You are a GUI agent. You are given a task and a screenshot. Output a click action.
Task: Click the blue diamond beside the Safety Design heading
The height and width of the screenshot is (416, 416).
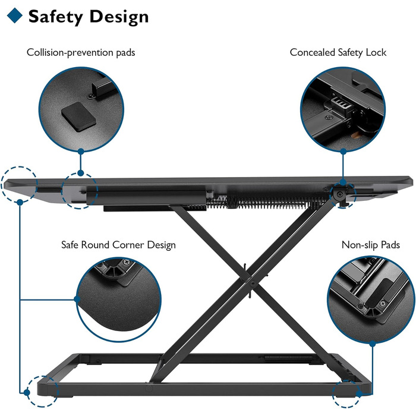[x=15, y=15]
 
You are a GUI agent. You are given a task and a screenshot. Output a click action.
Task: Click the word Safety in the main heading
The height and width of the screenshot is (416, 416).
[x=55, y=17]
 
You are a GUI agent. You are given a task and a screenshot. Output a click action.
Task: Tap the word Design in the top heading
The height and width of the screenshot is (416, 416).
[x=119, y=17]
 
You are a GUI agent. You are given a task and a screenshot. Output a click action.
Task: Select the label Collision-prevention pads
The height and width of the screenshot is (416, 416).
[x=81, y=52]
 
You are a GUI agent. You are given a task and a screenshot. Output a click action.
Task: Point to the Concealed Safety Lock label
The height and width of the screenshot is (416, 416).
[x=338, y=52]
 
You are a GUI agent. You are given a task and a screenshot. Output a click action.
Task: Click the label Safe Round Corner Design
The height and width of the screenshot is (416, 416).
[x=118, y=245]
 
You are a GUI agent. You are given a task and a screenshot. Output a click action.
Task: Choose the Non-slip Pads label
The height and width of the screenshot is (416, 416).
[x=371, y=245]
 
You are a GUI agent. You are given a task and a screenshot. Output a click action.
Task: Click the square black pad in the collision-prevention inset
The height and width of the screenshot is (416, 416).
[x=78, y=116]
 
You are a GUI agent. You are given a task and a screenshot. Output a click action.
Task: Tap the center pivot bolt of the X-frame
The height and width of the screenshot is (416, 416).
[x=253, y=284]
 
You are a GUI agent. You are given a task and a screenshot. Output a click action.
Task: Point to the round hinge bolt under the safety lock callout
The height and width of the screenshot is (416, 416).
[x=339, y=195]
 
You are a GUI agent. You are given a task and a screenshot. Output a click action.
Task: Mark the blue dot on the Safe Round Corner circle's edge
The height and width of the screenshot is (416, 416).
[x=77, y=300]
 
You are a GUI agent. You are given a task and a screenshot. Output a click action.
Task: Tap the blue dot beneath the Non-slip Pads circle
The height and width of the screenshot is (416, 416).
[x=373, y=344]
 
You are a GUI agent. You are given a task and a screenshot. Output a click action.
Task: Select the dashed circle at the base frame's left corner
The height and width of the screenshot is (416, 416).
[x=43, y=391]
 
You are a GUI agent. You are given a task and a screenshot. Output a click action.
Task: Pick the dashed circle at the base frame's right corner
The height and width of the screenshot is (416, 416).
[x=346, y=393]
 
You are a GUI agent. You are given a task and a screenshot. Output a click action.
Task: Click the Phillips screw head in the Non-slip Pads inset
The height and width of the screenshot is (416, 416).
[x=383, y=303]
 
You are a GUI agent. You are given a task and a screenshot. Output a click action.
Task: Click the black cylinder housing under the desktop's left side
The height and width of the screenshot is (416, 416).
[x=146, y=196]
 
